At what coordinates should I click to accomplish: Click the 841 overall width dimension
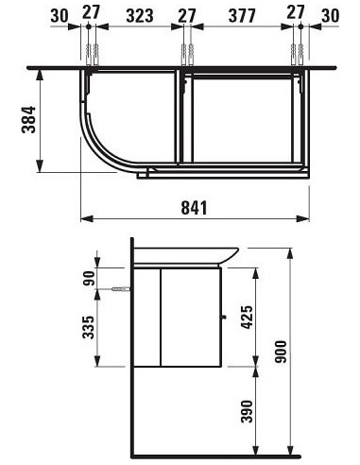tap(195, 208)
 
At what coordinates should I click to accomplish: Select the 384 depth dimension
tap(28, 120)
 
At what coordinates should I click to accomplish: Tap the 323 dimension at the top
tap(140, 16)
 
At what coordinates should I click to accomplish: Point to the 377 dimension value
tap(242, 16)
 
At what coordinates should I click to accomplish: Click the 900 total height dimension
tap(281, 352)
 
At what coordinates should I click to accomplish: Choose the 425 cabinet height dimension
tap(247, 318)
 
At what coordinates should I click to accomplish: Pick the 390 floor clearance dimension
tap(247, 411)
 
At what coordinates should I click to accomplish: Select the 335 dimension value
tap(89, 327)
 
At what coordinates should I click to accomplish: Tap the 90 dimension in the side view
tap(89, 278)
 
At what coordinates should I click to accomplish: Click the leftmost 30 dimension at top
tap(60, 16)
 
